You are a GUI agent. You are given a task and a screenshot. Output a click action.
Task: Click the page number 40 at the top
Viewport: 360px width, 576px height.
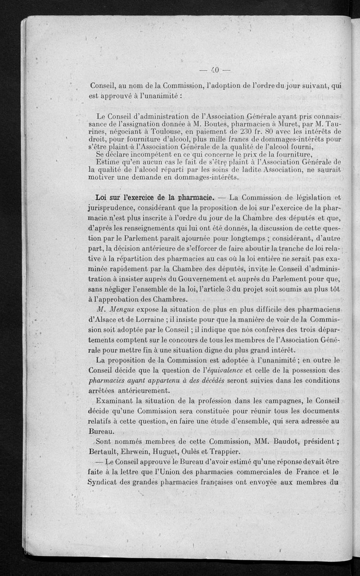(214, 70)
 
